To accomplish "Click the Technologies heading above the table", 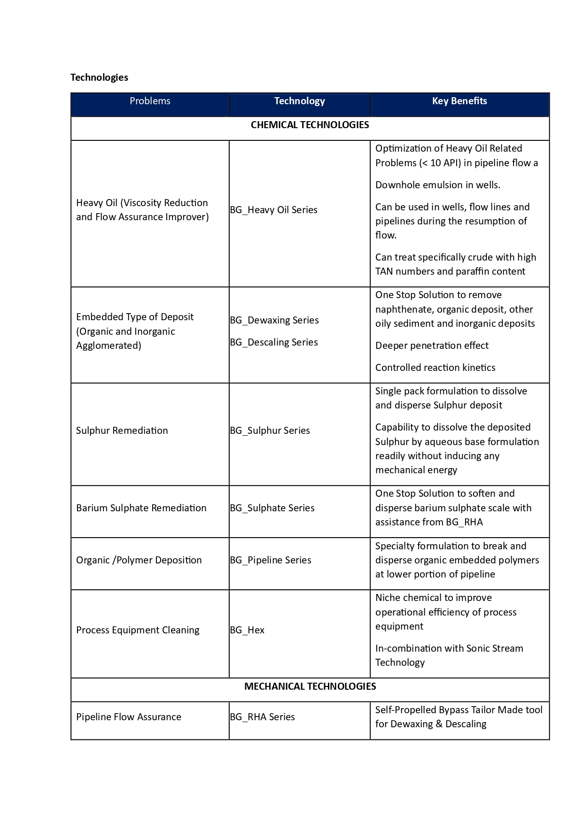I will (99, 77).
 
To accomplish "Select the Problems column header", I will (150, 101).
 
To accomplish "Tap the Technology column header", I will (299, 101).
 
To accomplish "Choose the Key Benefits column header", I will (459, 101).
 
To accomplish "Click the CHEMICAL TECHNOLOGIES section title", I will (310, 125).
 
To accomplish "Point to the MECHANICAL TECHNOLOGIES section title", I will (310, 686).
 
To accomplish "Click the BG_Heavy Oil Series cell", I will (273, 210).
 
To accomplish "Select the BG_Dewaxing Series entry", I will (274, 320).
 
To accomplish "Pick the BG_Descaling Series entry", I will (273, 342).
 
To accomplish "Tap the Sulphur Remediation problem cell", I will (122, 431).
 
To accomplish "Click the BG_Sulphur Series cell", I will (270, 431).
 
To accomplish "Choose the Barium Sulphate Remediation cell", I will (141, 508).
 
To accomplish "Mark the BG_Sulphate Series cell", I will (272, 508).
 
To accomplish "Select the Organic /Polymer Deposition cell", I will (139, 560).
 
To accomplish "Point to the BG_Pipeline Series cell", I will (270, 560).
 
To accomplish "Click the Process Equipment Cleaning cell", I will (138, 630).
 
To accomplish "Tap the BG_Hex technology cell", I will (247, 630).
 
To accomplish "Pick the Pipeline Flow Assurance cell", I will (128, 717).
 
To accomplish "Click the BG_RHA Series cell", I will (262, 717).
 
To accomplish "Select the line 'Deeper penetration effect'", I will (432, 346).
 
